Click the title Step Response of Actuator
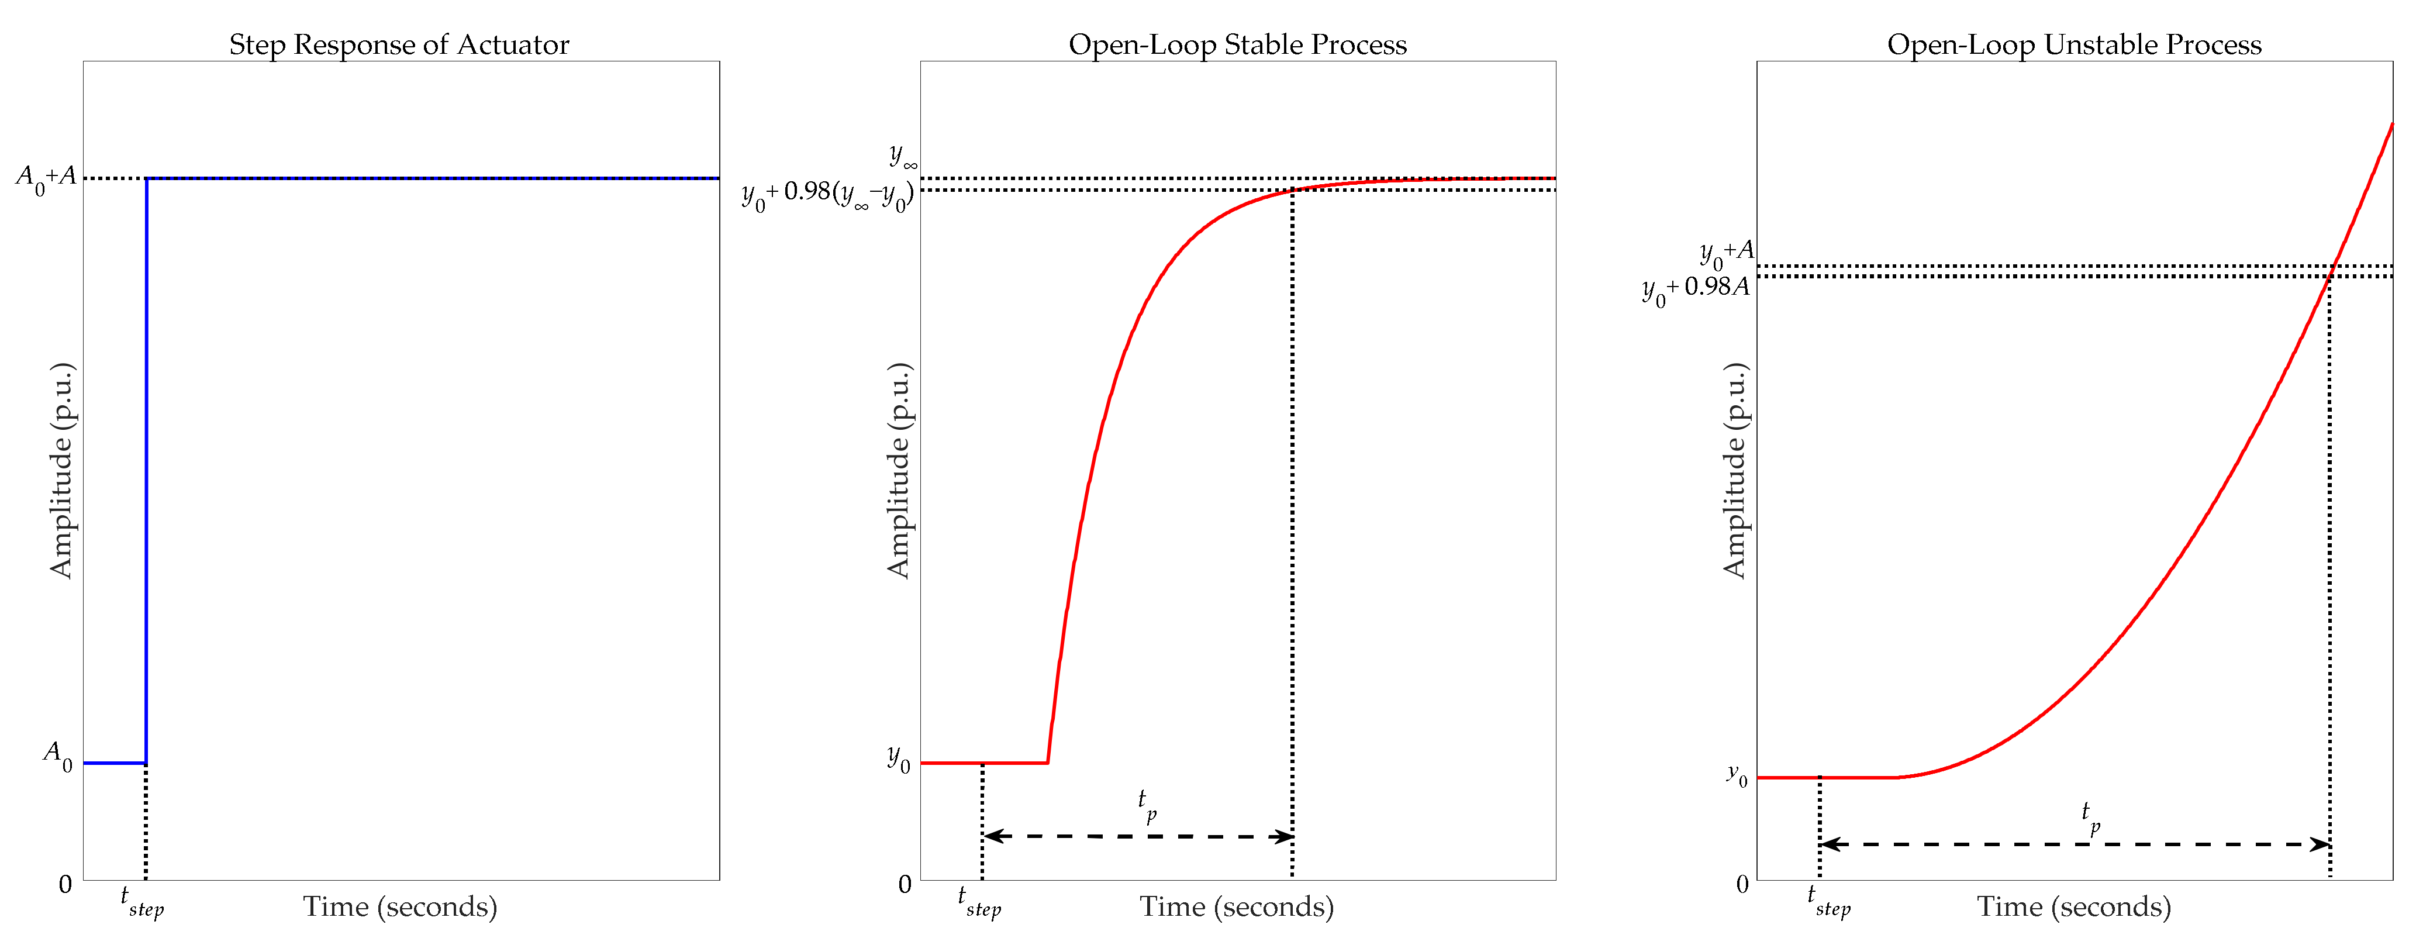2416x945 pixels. [399, 45]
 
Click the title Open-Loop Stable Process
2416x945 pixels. [1237, 45]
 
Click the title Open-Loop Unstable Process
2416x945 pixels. [2074, 45]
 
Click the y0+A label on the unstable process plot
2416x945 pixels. [1725, 253]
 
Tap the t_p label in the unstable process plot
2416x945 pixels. [2090, 816]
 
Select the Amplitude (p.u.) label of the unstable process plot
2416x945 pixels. [1735, 471]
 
